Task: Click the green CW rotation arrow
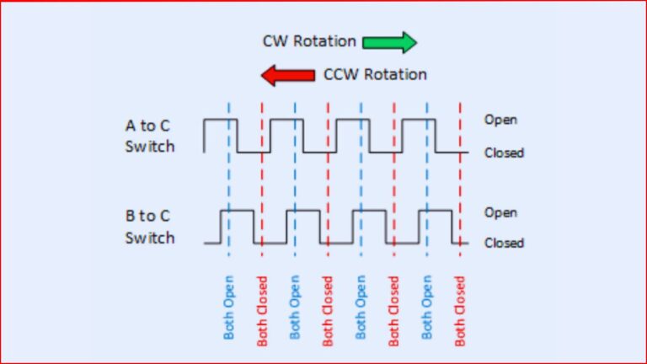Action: coord(390,41)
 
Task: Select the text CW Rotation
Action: coord(309,41)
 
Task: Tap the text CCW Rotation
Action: coord(375,75)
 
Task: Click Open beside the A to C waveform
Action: coord(500,120)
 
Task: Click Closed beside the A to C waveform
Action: coord(504,153)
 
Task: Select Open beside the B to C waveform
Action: coord(500,212)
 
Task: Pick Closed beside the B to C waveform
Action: coord(504,243)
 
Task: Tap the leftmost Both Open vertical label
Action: coord(229,308)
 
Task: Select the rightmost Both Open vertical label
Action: coord(427,308)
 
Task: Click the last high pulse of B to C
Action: coord(436,211)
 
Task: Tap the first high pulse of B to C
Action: coord(237,211)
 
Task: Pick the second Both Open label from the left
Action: coord(295,308)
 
